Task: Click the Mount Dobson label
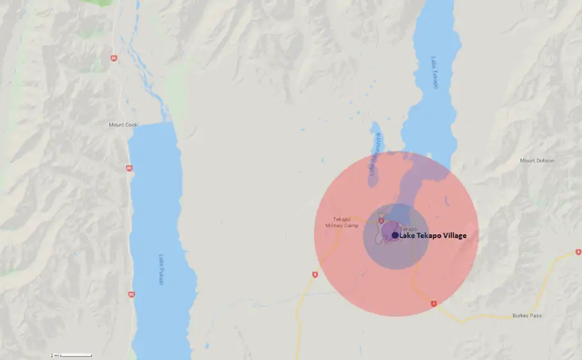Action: point(537,160)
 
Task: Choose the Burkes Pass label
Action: point(526,315)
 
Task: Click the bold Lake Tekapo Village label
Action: point(433,236)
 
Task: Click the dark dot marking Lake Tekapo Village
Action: point(395,236)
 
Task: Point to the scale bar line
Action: point(76,355)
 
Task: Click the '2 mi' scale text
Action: point(56,355)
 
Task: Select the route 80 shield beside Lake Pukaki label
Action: point(131,294)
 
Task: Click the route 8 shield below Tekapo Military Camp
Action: point(315,274)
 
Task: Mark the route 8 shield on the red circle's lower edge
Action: point(433,304)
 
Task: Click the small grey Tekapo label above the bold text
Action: point(408,229)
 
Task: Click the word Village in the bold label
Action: point(452,236)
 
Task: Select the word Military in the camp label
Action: point(333,225)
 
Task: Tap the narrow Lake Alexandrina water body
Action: point(375,156)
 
